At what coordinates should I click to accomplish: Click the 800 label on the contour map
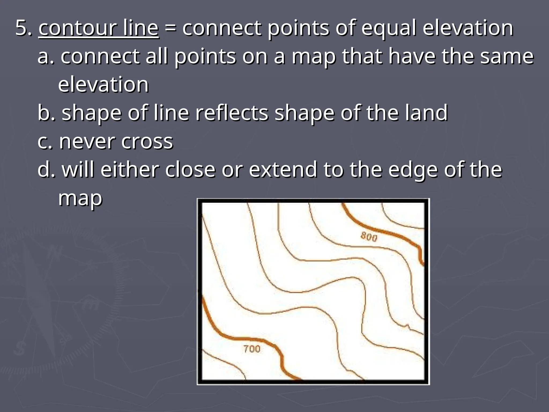369,237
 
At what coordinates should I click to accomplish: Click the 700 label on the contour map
252,349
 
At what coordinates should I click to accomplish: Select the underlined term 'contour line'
99,28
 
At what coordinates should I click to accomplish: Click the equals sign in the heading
170,28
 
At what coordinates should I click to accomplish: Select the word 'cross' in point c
147,141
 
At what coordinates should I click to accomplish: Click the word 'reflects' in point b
231,113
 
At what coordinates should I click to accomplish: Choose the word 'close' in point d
190,170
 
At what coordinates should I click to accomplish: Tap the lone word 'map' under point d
80,198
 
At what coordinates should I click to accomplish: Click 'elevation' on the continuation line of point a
103,84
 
